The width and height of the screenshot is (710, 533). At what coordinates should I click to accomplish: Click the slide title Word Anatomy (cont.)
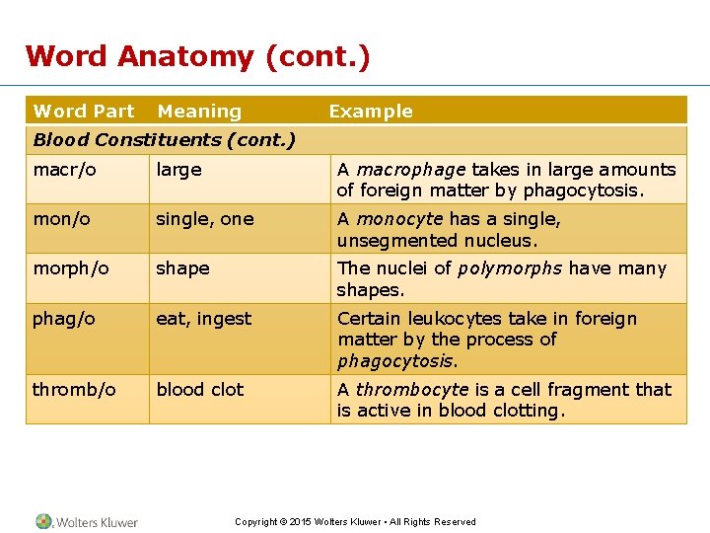[x=197, y=56]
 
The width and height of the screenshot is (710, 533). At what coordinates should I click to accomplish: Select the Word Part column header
[x=84, y=112]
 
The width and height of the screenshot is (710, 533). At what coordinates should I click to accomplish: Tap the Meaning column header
[x=199, y=112]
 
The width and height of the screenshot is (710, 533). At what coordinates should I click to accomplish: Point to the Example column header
[x=371, y=112]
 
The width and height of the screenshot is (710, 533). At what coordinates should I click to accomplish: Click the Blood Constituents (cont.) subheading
[x=165, y=139]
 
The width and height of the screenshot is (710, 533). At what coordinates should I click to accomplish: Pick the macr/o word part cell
[x=65, y=170]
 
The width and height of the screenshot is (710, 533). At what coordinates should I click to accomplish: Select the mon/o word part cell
[x=62, y=219]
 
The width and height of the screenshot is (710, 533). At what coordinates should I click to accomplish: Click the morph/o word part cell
[x=71, y=268]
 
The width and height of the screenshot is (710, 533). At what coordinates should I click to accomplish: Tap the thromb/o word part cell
[x=74, y=390]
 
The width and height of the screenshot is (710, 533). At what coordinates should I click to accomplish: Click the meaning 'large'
[x=178, y=170]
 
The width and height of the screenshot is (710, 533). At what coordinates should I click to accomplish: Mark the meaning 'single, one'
[x=205, y=219]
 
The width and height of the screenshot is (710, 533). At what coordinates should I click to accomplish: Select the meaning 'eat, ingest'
[x=204, y=319]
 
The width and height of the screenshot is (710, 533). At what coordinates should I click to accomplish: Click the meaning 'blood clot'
[x=200, y=390]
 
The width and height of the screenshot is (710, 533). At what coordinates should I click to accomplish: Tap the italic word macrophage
[x=411, y=170]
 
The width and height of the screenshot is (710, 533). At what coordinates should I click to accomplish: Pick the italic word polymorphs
[x=511, y=268]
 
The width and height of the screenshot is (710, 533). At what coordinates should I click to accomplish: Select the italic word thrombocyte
[x=411, y=390]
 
